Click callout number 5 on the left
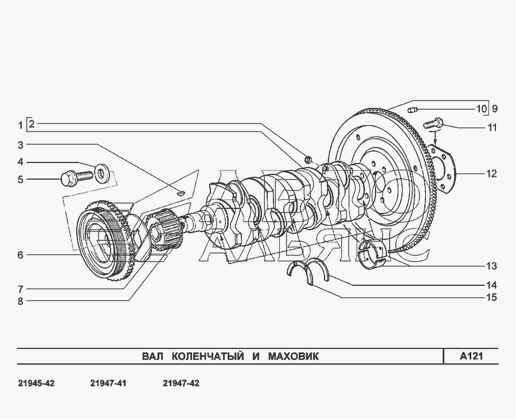point(21,180)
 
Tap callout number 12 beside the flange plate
point(491,173)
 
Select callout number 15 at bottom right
point(491,297)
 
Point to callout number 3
point(21,145)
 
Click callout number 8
point(21,301)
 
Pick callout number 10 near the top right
point(481,108)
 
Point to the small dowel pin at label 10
point(413,109)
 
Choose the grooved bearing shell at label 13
point(373,254)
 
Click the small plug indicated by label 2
point(308,160)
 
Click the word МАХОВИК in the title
point(293,356)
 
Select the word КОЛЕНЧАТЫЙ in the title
point(208,356)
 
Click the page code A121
point(471,356)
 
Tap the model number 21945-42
point(36,383)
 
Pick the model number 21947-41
point(108,383)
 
